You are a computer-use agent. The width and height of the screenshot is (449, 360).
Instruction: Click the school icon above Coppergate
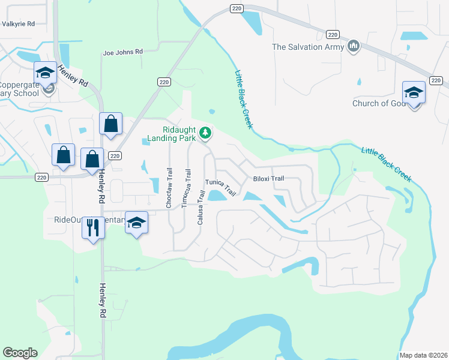pos(45,73)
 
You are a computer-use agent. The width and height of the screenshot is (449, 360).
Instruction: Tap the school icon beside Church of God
pos(414,92)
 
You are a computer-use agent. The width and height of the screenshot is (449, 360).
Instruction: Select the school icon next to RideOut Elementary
pos(136,223)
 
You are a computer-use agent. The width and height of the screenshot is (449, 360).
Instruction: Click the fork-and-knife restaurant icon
pos(93,227)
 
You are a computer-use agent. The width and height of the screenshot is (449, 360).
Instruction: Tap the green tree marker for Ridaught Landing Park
pos(205,133)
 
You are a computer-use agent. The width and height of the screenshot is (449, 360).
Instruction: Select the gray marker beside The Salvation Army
pos(354,46)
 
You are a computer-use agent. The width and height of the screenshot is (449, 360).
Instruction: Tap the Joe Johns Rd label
pos(123,52)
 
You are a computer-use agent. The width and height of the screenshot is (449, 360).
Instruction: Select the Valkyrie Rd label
pos(19,24)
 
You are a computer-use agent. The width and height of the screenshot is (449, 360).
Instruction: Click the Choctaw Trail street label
pos(169,192)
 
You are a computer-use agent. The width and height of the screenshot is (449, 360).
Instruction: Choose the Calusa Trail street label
pos(200,208)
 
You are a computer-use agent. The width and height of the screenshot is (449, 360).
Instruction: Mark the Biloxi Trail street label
pos(268,178)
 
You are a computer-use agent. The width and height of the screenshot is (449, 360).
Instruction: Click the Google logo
pos(20,353)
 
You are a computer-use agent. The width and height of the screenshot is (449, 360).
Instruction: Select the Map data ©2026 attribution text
pos(423,355)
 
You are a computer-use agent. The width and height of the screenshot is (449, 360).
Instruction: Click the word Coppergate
pos(20,85)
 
